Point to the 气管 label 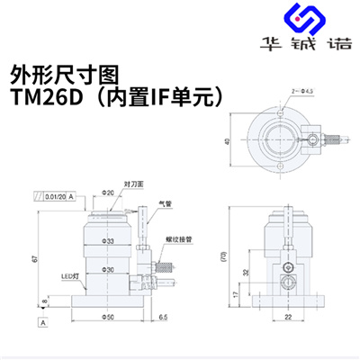162,205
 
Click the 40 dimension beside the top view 224,140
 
